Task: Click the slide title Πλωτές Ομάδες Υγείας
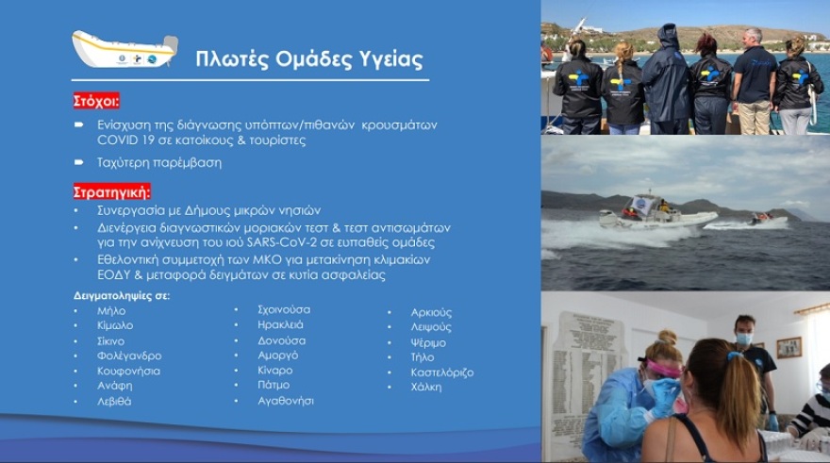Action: pyautogui.click(x=308, y=58)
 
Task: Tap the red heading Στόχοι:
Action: pyautogui.click(x=96, y=101)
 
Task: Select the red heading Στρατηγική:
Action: pyautogui.click(x=111, y=191)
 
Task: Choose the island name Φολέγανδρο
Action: pyautogui.click(x=129, y=356)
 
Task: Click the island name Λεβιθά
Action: pyautogui.click(x=114, y=401)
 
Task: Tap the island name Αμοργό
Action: pyautogui.click(x=277, y=355)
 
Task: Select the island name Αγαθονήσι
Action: pyautogui.click(x=286, y=401)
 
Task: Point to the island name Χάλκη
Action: pyautogui.click(x=425, y=387)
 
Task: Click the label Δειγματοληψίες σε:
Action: pyautogui.click(x=122, y=295)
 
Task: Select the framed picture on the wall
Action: pyautogui.click(x=788, y=347)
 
